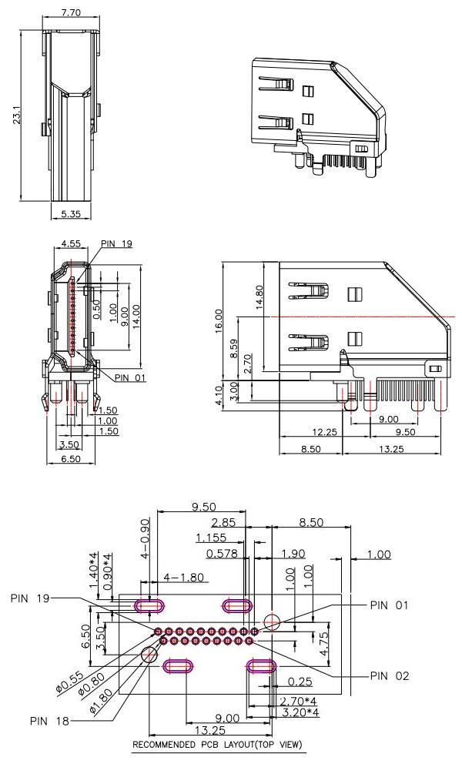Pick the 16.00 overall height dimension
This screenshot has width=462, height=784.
click(219, 320)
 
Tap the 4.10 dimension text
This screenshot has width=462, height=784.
click(219, 393)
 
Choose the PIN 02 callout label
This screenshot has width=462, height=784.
click(390, 675)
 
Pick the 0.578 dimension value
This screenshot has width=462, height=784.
click(221, 553)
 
